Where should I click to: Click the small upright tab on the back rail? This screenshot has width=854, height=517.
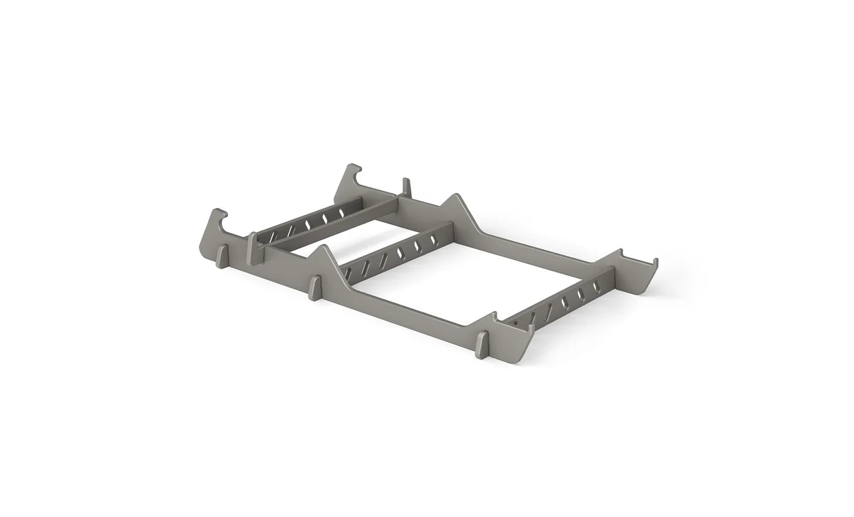[406, 186]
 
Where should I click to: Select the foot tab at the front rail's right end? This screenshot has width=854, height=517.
[482, 344]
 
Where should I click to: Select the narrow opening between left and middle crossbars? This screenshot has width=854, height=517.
[342, 242]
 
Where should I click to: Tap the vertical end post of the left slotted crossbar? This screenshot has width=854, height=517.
[253, 248]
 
